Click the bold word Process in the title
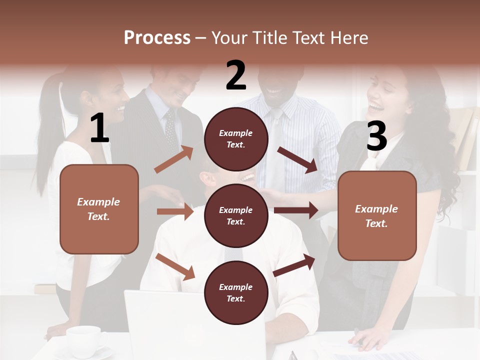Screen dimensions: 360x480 (x=157, y=37)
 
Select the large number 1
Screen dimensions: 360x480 (x=99, y=128)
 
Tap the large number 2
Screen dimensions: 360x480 (x=235, y=75)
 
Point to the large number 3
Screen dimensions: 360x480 (x=376, y=135)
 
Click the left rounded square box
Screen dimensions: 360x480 (x=99, y=209)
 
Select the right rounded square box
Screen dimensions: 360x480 (x=377, y=215)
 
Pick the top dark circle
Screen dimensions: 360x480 (x=236, y=139)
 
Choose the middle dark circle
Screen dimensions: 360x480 (x=236, y=215)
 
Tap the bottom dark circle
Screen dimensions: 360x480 (x=236, y=292)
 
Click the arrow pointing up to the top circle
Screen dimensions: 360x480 (x=174, y=159)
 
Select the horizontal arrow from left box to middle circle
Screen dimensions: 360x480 (x=175, y=211)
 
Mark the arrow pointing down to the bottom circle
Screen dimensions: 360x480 (x=175, y=266)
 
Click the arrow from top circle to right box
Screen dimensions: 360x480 (x=297, y=159)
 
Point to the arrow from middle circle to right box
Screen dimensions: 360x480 (x=296, y=210)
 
